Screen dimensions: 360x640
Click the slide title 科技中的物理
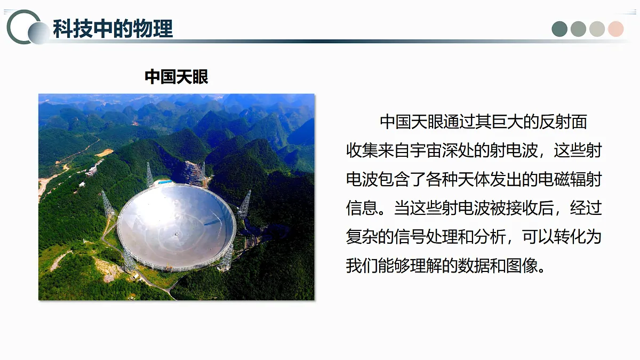[x=113, y=29]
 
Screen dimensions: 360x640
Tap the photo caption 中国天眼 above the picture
[x=176, y=77]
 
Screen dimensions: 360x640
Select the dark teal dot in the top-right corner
[x=559, y=29]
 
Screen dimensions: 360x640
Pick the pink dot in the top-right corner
[x=615, y=29]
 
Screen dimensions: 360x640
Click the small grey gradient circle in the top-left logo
[x=39, y=33]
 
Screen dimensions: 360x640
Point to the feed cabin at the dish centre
[x=177, y=233]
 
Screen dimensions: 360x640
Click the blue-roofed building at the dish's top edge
[x=165, y=182]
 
